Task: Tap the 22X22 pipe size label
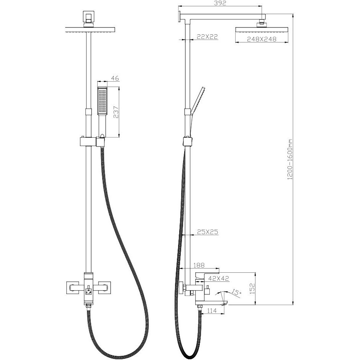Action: tap(207, 37)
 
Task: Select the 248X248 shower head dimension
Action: tap(262, 39)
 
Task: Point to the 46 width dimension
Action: tap(115, 78)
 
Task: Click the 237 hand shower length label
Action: tap(116, 112)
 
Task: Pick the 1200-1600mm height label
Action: tap(290, 159)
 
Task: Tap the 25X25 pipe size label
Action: tap(207, 232)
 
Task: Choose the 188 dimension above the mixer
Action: tap(199, 265)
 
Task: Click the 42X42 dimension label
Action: tap(219, 278)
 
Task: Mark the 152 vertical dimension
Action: tap(252, 289)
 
